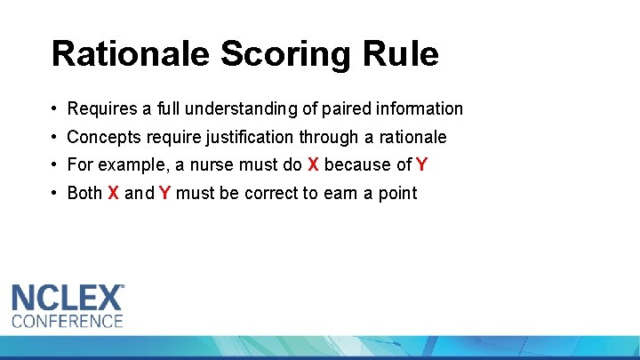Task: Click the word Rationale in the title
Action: [x=130, y=54]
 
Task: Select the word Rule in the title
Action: [x=406, y=54]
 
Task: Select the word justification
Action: [x=246, y=138]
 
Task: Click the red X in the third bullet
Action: [x=313, y=165]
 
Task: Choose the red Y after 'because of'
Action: [x=421, y=165]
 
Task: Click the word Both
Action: [x=85, y=194]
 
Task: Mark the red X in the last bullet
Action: [x=113, y=194]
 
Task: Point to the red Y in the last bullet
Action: [x=165, y=194]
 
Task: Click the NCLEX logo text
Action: [x=68, y=297]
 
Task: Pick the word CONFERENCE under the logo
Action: [x=67, y=320]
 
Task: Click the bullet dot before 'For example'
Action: [x=55, y=165]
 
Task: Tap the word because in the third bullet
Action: [x=357, y=165]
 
